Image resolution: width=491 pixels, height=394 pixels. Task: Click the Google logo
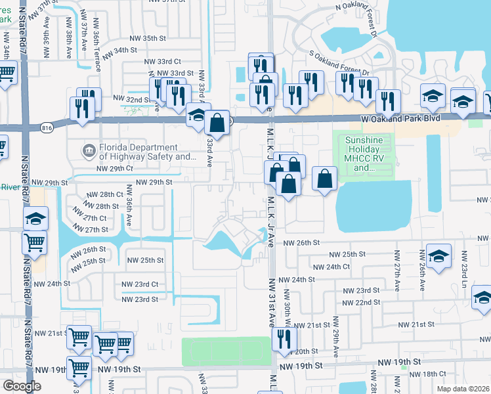pos(22,386)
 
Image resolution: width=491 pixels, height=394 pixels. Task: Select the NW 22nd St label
pos(362,302)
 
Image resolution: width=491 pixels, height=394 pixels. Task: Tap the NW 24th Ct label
pos(331,267)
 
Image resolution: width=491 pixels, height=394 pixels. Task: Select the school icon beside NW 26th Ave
pos(438,255)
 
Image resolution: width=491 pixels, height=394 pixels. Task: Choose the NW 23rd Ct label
pos(140,284)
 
